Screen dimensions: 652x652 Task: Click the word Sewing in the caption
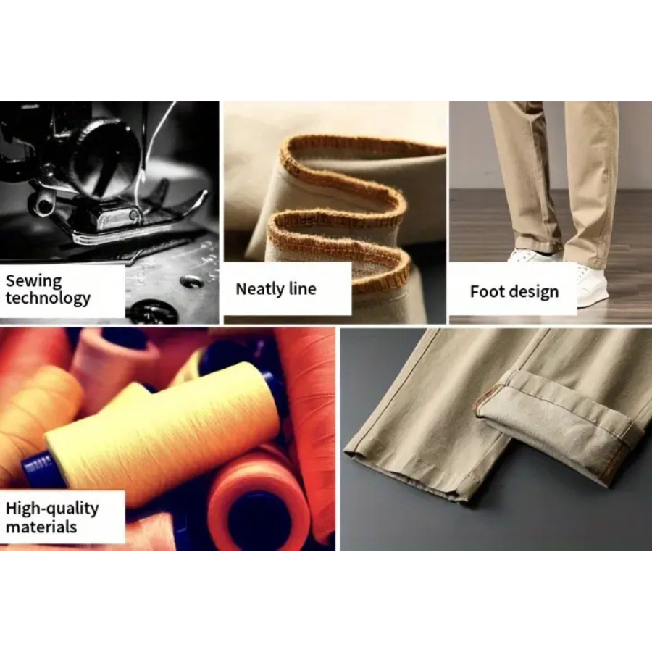(33, 282)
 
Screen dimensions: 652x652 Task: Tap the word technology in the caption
(48, 298)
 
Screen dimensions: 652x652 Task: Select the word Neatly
(260, 289)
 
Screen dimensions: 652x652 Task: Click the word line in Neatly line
(302, 288)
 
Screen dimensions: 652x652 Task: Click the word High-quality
(52, 508)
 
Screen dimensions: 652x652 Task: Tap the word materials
(41, 527)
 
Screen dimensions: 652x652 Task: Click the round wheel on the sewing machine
(110, 154)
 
